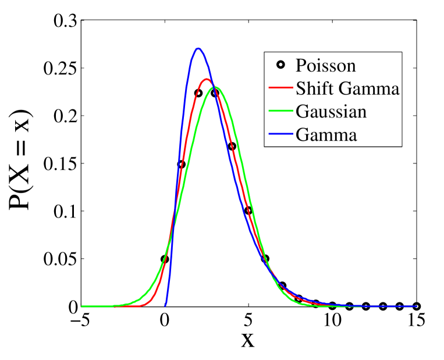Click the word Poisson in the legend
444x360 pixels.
pos(325,65)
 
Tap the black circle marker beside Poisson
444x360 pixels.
pos(280,65)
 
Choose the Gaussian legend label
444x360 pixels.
pos(331,112)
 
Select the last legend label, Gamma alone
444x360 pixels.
pos(326,135)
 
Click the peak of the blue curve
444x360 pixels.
pos(198,48)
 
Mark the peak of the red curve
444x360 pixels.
pos(206,79)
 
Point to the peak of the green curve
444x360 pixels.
pos(215,87)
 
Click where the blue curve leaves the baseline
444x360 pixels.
pos(166,305)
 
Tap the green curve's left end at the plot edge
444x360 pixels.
pos(82,305)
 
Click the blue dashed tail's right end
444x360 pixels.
pos(415,305)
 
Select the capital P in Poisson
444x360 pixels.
pos(300,65)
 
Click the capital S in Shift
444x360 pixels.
pos(300,89)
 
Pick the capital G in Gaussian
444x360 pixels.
pos(302,112)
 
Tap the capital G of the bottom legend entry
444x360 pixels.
pos(302,135)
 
